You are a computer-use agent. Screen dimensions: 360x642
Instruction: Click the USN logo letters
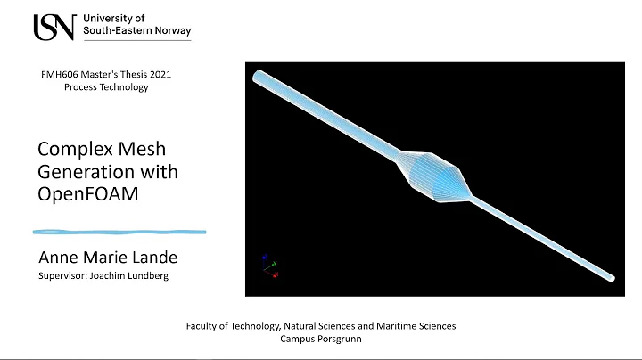53,27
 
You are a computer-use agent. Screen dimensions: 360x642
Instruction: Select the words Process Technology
105,87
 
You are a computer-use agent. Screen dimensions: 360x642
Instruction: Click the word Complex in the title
70,149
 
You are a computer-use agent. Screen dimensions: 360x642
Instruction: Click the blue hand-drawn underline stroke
119,232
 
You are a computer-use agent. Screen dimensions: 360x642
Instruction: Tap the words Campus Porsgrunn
321,340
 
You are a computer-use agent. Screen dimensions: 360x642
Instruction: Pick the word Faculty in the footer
204,326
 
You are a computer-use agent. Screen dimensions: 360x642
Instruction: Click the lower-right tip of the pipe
609,275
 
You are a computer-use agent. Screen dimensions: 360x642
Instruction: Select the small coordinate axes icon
269,266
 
